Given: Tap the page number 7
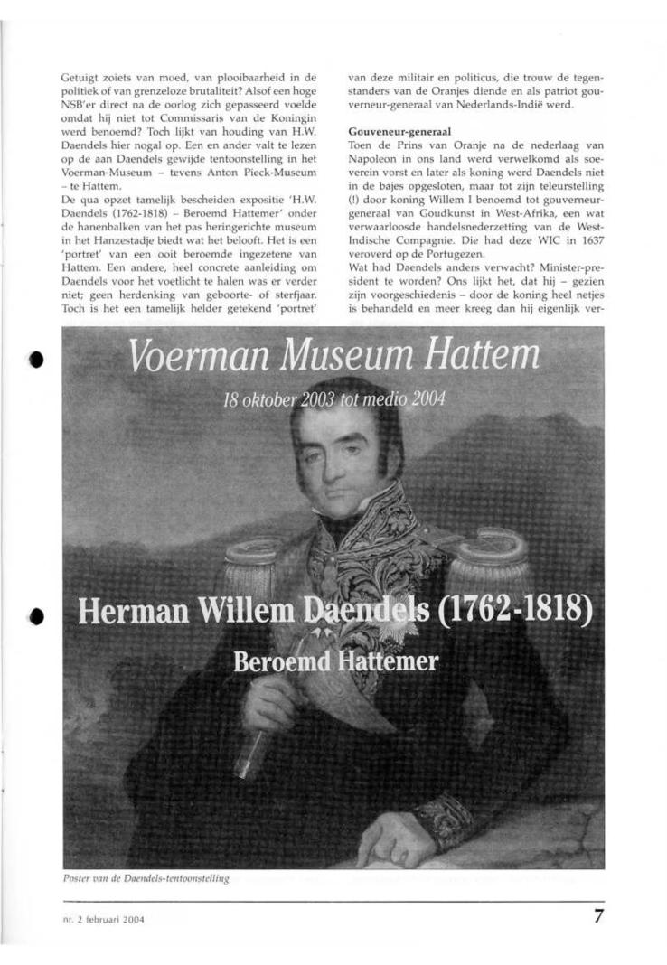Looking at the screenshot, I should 598,915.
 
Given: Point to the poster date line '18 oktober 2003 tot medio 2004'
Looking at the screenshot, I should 333,399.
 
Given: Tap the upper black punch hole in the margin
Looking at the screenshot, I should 35,358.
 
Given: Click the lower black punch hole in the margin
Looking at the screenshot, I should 35,615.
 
